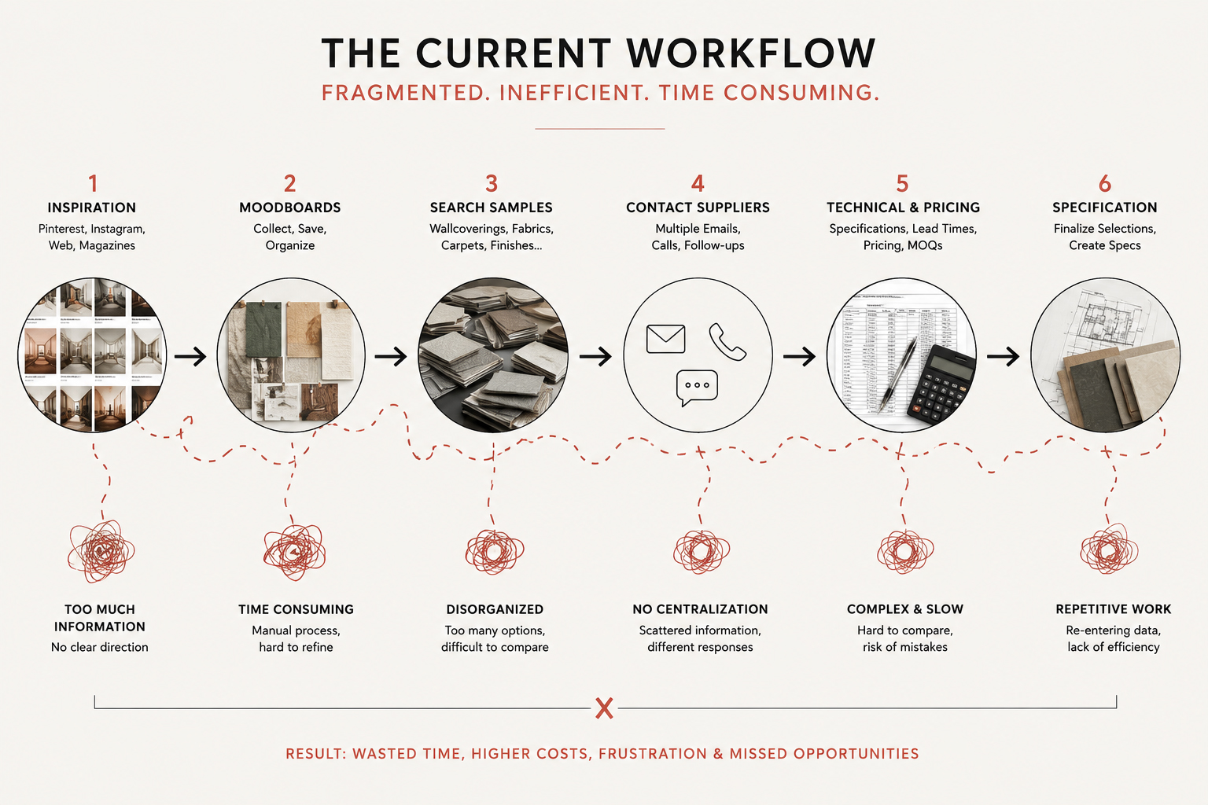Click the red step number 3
(492, 184)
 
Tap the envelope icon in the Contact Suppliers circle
(665, 339)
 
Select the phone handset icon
(727, 342)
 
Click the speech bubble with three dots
(697, 388)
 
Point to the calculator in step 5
(941, 384)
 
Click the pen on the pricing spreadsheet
(897, 374)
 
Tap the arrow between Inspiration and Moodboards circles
(190, 356)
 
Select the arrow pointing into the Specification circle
(1003, 356)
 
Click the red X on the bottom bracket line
(605, 708)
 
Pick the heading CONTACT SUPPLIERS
(698, 208)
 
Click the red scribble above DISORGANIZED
(495, 552)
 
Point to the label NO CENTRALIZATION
(700, 609)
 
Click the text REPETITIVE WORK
(1113, 609)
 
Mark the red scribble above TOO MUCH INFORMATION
(101, 551)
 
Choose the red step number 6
(1105, 184)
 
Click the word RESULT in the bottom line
(315, 754)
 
